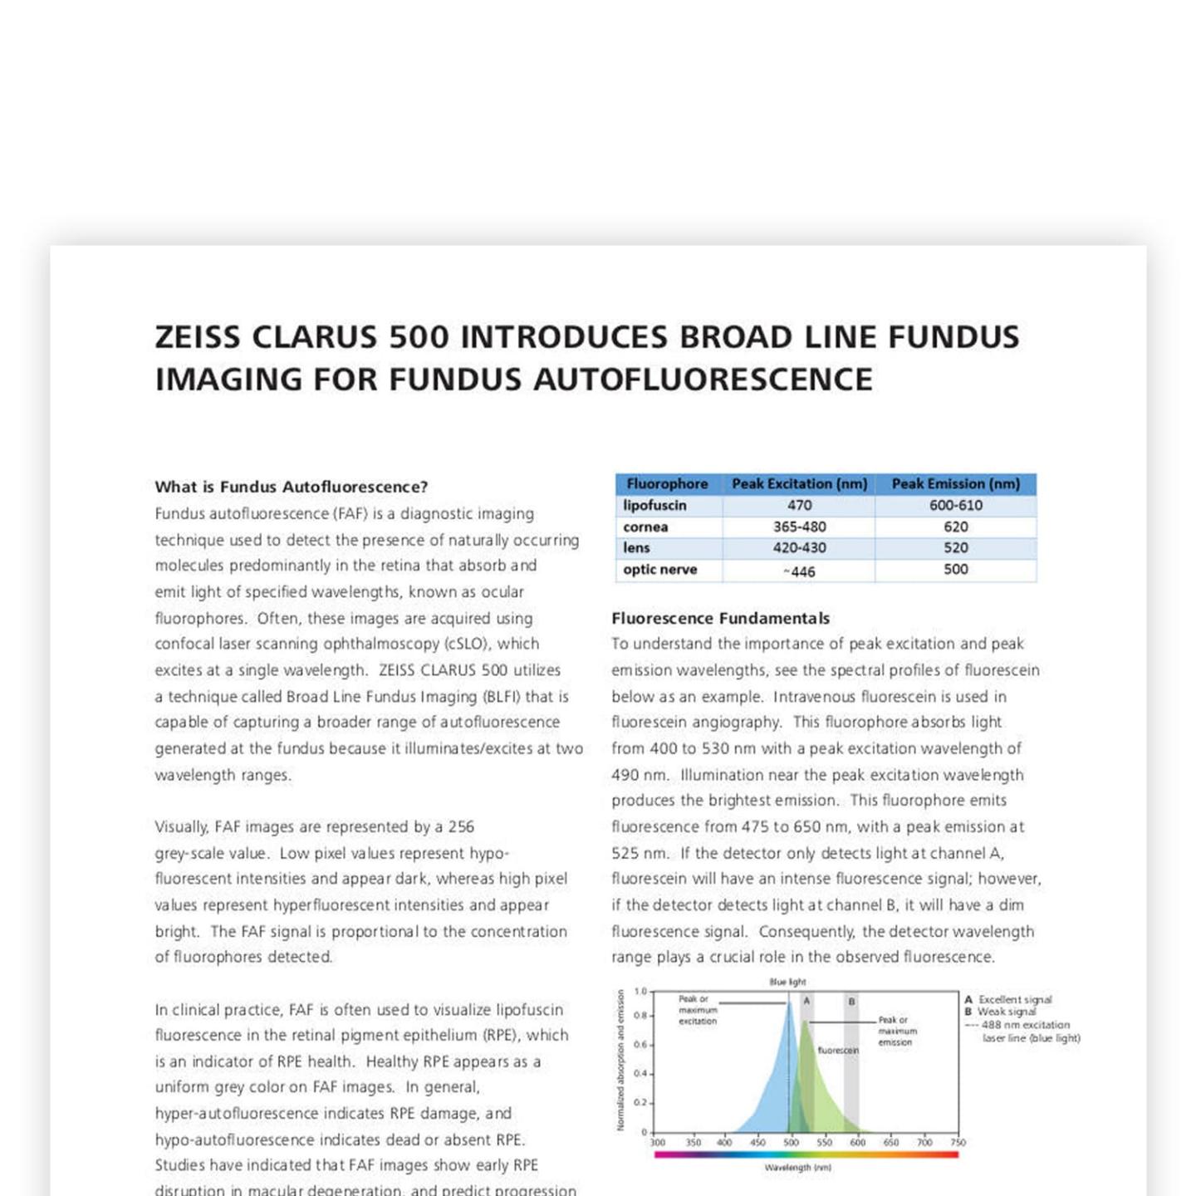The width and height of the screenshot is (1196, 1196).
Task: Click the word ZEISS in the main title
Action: [x=198, y=337]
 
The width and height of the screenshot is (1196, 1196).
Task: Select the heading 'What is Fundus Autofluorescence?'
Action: [x=292, y=487]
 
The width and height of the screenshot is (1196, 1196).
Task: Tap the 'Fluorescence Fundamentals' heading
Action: [x=721, y=618]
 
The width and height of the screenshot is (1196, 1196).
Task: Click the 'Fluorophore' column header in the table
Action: [x=667, y=483]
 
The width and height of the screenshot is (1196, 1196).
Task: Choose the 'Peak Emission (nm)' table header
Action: [x=955, y=483]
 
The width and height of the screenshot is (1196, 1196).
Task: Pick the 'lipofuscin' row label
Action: [x=654, y=505]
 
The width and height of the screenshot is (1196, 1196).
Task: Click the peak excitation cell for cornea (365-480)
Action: [x=799, y=527]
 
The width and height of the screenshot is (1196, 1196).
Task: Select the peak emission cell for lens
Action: [x=955, y=548]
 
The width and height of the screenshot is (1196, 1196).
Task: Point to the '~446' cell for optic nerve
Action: [x=799, y=571]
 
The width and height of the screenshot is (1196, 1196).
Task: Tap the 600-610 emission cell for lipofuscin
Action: [x=955, y=505]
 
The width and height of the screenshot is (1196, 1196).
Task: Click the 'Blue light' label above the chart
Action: [x=787, y=982]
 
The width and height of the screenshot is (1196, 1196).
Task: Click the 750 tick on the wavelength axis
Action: [x=958, y=1143]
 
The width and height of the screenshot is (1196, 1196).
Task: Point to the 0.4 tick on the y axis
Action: [x=640, y=1074]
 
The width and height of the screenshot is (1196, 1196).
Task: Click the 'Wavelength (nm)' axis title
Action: [x=797, y=1168]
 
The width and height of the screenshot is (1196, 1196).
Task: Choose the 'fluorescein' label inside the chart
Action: [x=838, y=1051]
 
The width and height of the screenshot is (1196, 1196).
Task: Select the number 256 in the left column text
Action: [x=461, y=827]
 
